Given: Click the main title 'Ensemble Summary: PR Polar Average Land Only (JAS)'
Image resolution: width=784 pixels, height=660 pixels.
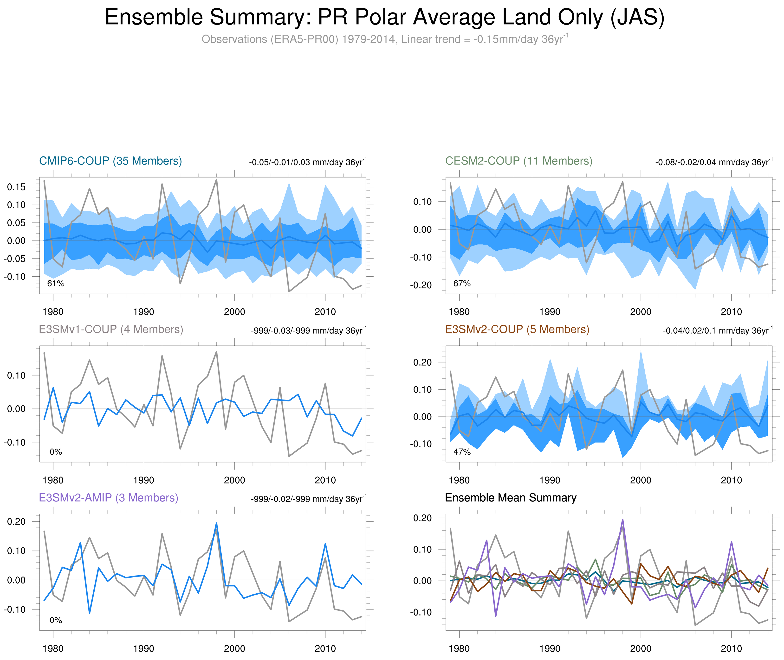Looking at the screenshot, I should (384, 17).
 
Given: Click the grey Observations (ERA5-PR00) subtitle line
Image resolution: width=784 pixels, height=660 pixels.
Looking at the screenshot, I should (384, 39).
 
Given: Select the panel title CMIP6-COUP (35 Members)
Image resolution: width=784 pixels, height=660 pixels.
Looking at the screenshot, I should (110, 161).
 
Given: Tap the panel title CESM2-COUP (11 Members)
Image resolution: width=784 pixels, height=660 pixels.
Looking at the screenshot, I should (518, 161).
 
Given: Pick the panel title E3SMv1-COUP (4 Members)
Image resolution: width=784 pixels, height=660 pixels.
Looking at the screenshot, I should (111, 329).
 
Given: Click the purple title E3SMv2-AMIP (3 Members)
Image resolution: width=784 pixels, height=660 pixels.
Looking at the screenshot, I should (109, 498).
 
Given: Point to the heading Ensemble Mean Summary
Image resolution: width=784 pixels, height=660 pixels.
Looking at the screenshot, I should (511, 498).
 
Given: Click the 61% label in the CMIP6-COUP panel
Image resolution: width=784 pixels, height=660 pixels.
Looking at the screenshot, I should (56, 284).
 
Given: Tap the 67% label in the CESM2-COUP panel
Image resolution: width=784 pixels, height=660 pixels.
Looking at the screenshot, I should (462, 284).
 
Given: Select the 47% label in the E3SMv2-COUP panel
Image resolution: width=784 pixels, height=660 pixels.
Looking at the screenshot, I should (462, 452).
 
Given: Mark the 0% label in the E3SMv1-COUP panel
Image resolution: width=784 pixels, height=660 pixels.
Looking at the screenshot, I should (56, 452).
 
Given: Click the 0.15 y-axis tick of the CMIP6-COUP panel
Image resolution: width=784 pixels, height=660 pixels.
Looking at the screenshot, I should (16, 187).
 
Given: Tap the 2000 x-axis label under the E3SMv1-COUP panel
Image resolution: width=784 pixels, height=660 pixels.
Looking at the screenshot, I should (234, 480).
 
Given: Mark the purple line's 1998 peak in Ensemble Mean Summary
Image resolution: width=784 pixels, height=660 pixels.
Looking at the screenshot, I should (623, 520).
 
